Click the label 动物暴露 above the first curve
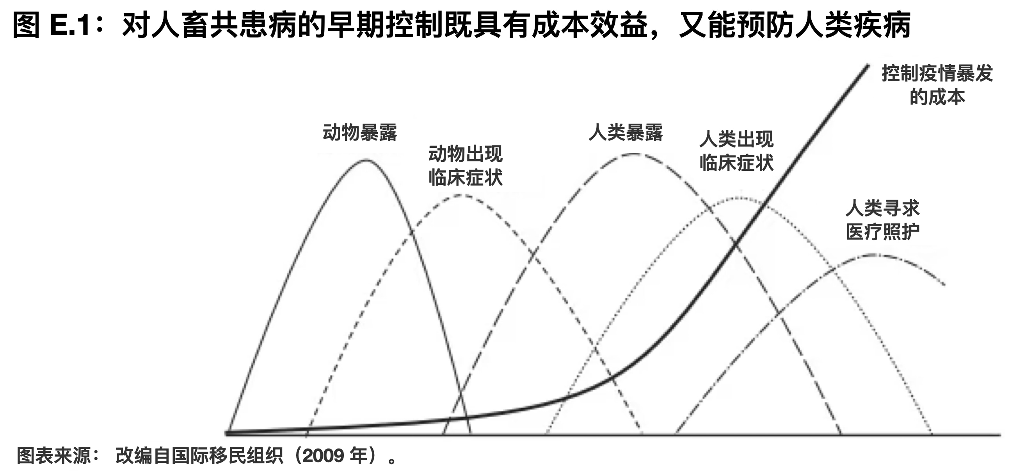(360, 132)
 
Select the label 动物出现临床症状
(465, 165)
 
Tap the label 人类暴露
(626, 132)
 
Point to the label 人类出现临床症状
(736, 151)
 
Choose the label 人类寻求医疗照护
(883, 220)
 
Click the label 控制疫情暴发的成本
(937, 85)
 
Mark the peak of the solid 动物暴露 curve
(366, 160)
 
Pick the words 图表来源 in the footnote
(53, 456)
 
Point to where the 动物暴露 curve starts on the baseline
(228, 432)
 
